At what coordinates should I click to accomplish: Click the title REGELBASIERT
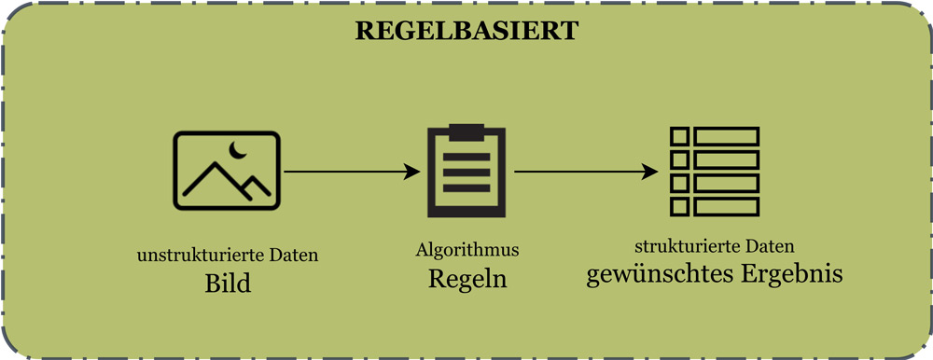[466, 31]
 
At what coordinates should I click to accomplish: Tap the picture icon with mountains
[227, 170]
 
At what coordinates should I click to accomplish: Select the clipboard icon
[466, 171]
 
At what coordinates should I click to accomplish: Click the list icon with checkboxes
[716, 171]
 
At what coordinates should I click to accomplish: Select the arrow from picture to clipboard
[350, 172]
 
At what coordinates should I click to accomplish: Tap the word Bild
[228, 283]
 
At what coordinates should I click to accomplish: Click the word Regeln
[467, 278]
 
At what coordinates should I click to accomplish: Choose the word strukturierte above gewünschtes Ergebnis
[686, 247]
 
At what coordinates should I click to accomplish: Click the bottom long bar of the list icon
[727, 206]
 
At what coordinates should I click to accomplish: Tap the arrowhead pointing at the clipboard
[411, 172]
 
